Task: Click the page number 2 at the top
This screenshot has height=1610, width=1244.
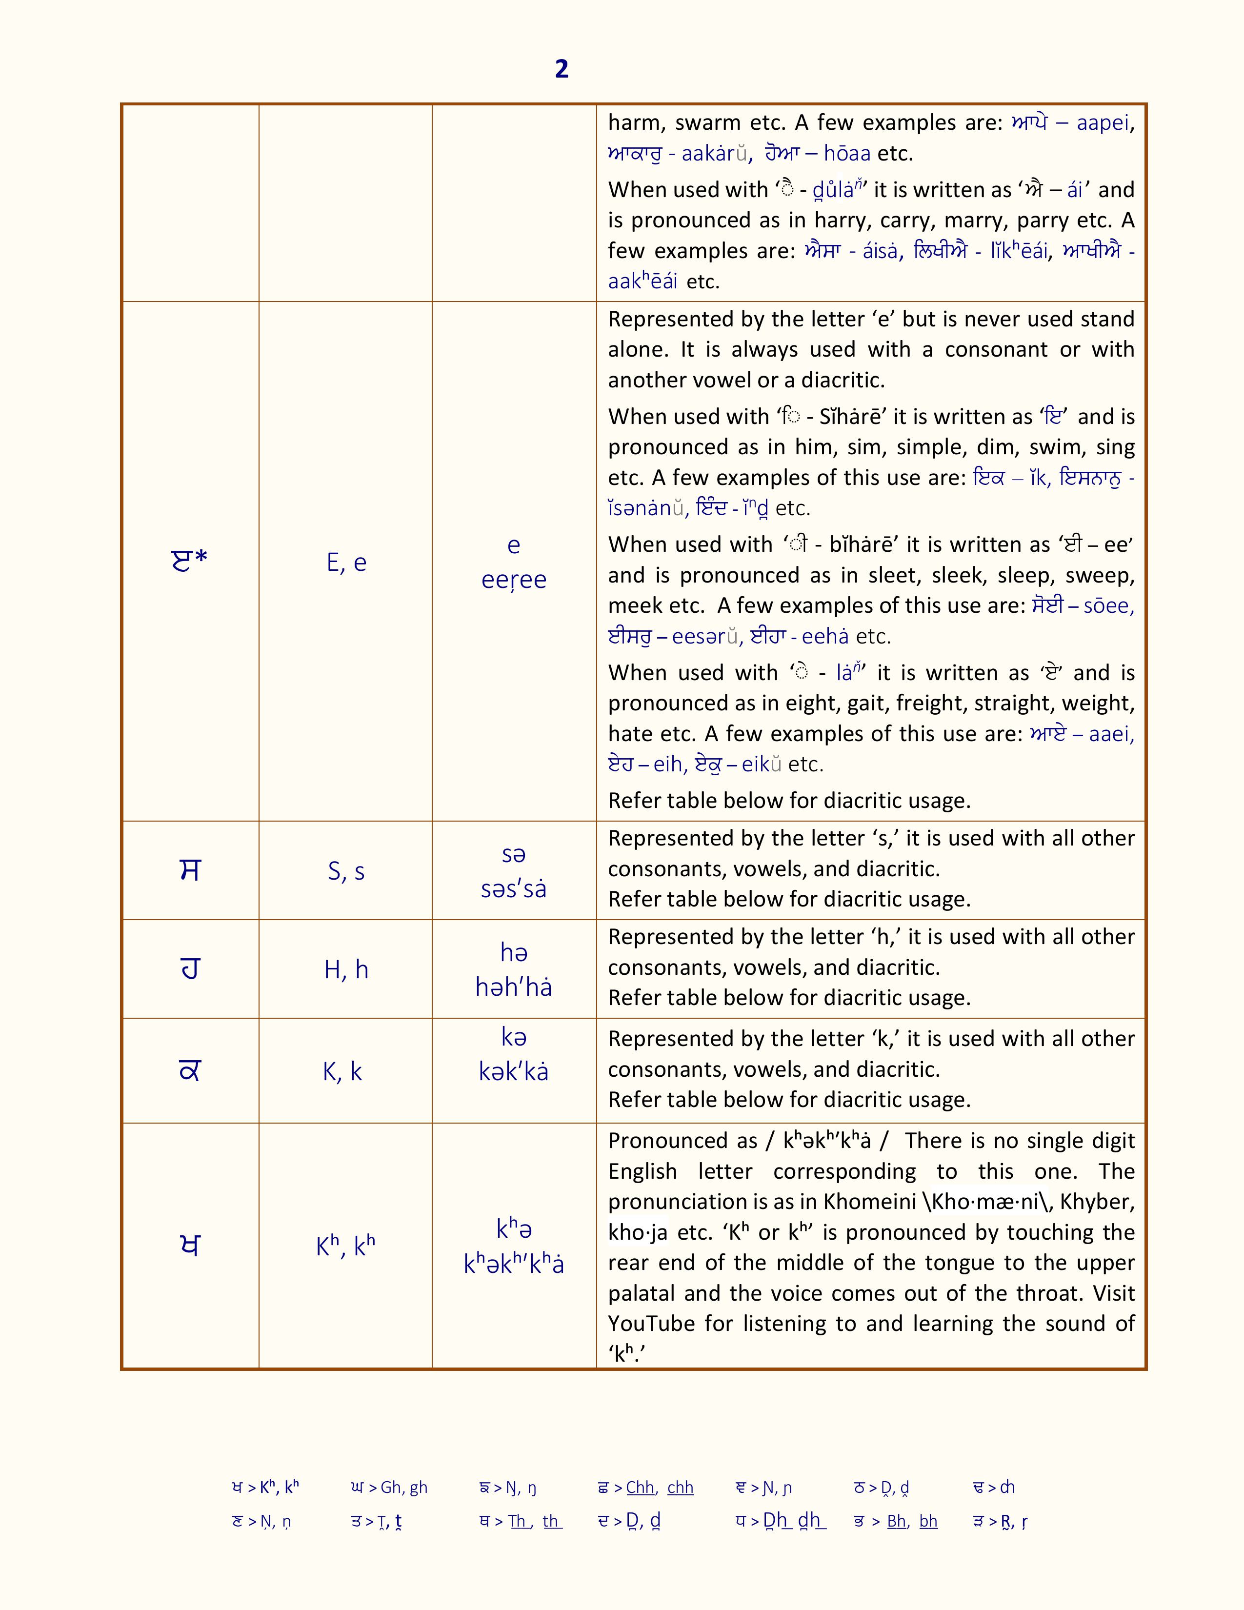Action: tap(562, 69)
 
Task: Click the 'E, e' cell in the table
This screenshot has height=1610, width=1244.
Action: tap(346, 563)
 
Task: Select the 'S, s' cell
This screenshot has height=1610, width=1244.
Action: tap(346, 871)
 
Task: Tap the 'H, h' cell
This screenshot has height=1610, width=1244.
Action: tap(346, 969)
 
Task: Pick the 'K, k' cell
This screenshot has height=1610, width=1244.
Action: tap(342, 1071)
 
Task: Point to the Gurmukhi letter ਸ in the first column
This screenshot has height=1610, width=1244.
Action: tap(190, 870)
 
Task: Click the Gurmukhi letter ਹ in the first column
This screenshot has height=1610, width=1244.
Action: tap(190, 969)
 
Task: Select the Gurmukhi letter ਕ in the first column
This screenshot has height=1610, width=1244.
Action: tap(190, 1070)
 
